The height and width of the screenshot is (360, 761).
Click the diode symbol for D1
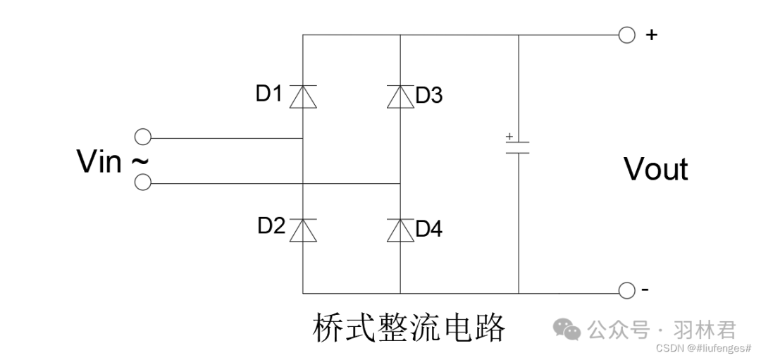(303, 96)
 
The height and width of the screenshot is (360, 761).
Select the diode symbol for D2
(303, 230)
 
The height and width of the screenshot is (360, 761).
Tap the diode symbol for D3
(400, 96)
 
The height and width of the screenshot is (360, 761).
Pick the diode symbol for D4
(400, 230)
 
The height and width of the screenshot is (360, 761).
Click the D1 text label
(268, 93)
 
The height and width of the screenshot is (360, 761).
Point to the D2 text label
(271, 226)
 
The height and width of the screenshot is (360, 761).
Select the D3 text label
(428, 95)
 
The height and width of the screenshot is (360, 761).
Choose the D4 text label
(428, 229)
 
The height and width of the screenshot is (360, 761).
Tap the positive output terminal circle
(626, 35)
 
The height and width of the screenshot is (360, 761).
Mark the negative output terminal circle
(626, 290)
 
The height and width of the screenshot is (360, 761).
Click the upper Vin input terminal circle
(142, 137)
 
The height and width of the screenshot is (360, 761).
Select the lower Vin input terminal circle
(142, 182)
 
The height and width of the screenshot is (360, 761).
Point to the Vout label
(655, 170)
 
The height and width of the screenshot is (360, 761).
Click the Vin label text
(99, 162)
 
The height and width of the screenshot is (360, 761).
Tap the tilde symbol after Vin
(140, 161)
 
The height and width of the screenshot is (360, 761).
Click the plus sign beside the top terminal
(651, 35)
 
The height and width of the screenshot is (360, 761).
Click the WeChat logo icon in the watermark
(567, 329)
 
